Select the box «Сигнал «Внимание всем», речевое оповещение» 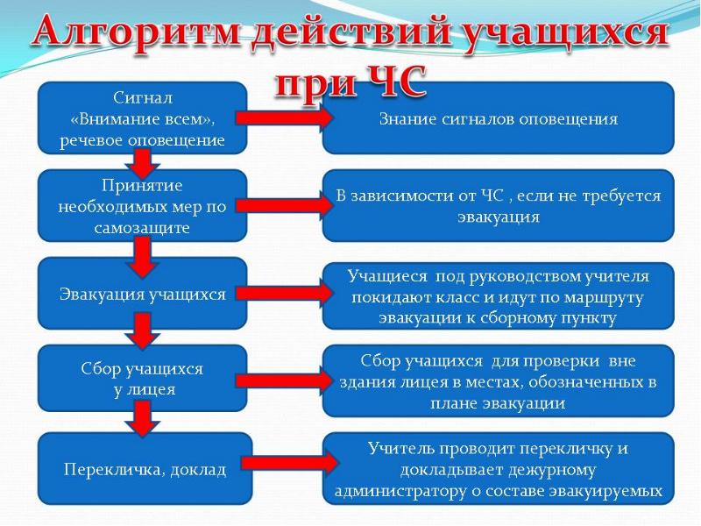(x=143, y=118)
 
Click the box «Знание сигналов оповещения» (x=498, y=118)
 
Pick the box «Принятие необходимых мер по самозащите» (x=143, y=206)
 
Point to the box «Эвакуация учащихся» (x=143, y=294)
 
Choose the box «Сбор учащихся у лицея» (x=143, y=379)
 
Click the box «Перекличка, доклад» (x=145, y=469)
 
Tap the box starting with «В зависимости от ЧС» (x=498, y=206)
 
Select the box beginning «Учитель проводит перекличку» (x=498, y=469)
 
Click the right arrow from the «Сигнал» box (x=284, y=118)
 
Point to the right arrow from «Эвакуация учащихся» (x=284, y=294)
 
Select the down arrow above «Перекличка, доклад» (x=143, y=419)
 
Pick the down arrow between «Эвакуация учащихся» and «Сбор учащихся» (x=143, y=331)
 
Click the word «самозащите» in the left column (x=142, y=228)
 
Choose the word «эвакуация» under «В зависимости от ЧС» (x=499, y=217)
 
